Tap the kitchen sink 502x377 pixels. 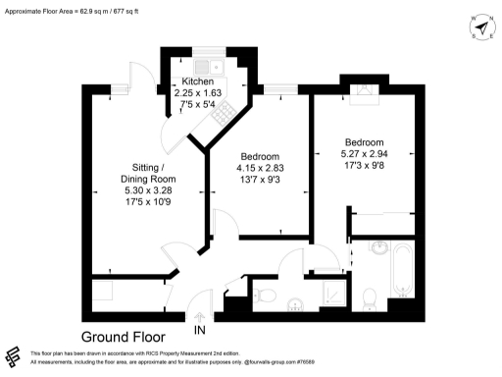(208, 62)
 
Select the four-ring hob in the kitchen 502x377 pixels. (220, 116)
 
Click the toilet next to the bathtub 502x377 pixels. (369, 296)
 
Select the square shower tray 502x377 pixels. (332, 291)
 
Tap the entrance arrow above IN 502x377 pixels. (201, 317)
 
